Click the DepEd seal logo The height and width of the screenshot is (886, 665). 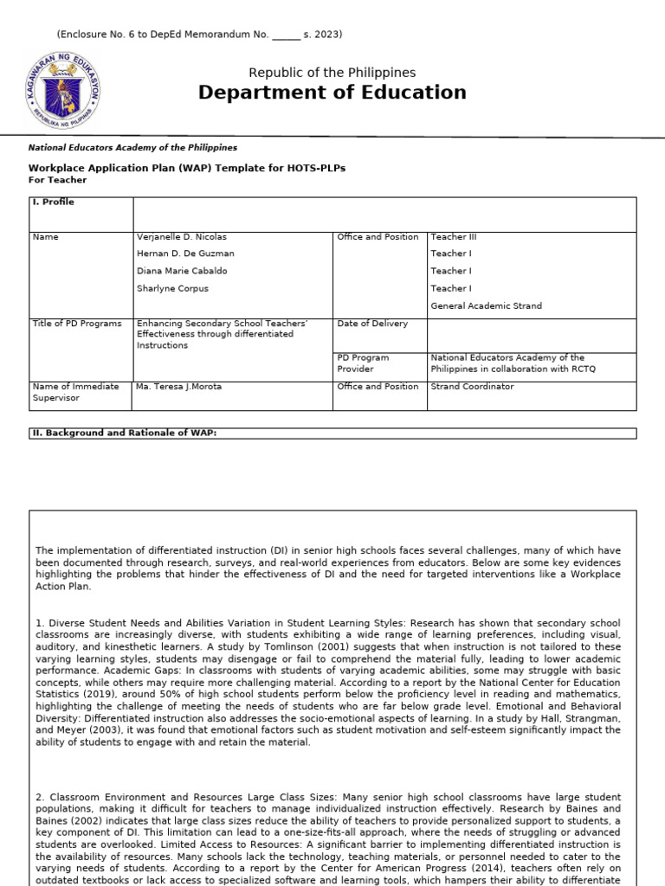tap(62, 90)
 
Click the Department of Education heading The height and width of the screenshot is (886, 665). tap(332, 93)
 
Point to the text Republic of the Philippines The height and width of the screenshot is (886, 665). tap(332, 73)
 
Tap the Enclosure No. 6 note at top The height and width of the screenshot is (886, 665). tap(199, 35)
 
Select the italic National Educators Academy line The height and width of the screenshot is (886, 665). tap(132, 148)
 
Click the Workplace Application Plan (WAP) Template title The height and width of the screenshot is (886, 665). tap(187, 168)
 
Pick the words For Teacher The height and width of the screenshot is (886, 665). tap(58, 180)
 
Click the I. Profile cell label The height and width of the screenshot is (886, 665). tap(53, 202)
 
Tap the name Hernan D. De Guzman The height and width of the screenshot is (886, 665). tap(185, 254)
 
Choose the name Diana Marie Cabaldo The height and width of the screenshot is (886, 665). tap(183, 272)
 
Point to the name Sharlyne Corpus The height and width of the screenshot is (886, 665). tap(172, 289)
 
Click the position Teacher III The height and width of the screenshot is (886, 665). tap(454, 237)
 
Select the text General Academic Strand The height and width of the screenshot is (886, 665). tap(486, 306)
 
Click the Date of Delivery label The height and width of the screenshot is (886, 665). tap(372, 324)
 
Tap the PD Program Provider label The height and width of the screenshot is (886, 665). tap(363, 363)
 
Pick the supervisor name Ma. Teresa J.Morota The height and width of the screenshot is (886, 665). tap(179, 387)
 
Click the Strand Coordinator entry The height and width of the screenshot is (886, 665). tap(472, 387)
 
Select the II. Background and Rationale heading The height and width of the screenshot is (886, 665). tap(123, 433)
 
